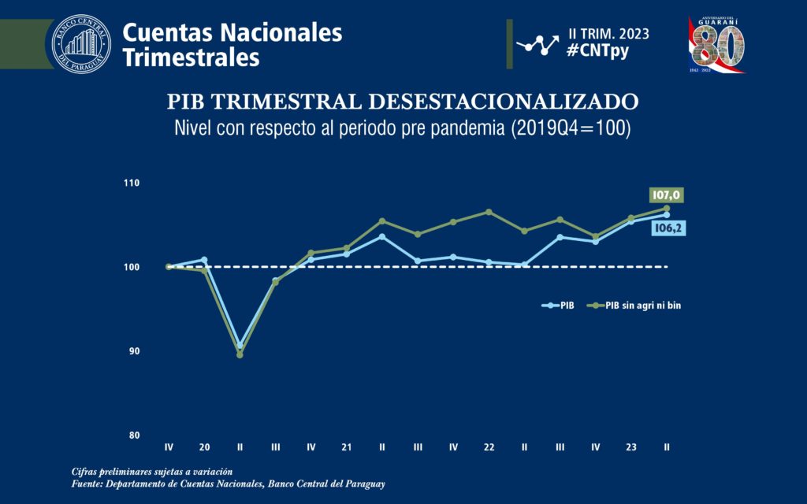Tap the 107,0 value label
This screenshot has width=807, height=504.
click(x=666, y=195)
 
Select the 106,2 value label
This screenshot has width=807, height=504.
click(x=666, y=228)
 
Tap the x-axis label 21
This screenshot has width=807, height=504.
click(x=347, y=447)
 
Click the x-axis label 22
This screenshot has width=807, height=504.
click(x=489, y=447)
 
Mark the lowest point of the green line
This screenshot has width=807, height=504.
click(x=240, y=354)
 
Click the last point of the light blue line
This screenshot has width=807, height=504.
click(x=667, y=214)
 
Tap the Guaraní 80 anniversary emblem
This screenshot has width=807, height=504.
click(x=716, y=44)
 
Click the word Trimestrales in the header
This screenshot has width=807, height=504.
click(x=192, y=57)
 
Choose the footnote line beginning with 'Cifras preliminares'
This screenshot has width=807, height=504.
click(x=151, y=471)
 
